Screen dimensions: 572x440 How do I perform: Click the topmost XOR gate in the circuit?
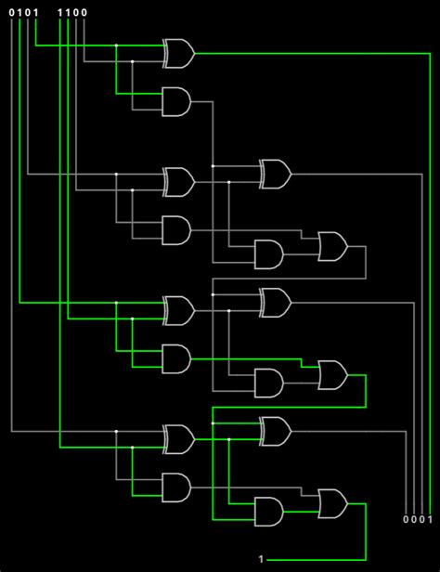coord(178,54)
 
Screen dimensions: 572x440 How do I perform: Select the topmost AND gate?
coord(176,101)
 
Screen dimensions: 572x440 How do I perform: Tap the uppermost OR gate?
coord(332,247)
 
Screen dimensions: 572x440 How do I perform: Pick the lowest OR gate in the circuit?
coord(332,503)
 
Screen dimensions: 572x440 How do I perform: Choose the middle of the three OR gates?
coord(332,375)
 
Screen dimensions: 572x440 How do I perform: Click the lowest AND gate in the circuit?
coord(269,510)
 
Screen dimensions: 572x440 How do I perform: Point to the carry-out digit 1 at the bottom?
coord(261,560)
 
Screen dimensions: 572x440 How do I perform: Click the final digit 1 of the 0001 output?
coord(431,518)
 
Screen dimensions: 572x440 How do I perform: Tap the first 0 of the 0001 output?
coord(406,518)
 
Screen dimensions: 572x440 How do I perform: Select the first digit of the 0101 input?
coord(12,12)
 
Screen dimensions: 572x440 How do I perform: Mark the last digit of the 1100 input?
coord(84,12)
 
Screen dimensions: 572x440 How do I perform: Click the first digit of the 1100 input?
coord(60,12)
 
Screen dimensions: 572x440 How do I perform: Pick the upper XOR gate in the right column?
coord(276,174)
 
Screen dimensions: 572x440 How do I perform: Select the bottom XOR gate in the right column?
coord(276,431)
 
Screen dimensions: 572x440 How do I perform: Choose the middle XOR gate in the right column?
coord(276,302)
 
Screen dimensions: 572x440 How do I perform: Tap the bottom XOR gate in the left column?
coord(178,438)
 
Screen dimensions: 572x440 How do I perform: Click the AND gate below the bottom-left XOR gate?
coord(176,486)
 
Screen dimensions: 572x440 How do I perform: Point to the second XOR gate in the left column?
coord(178,182)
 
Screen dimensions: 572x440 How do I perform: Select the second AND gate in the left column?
coord(176,229)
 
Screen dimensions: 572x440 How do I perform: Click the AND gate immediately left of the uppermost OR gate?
coord(269,253)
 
